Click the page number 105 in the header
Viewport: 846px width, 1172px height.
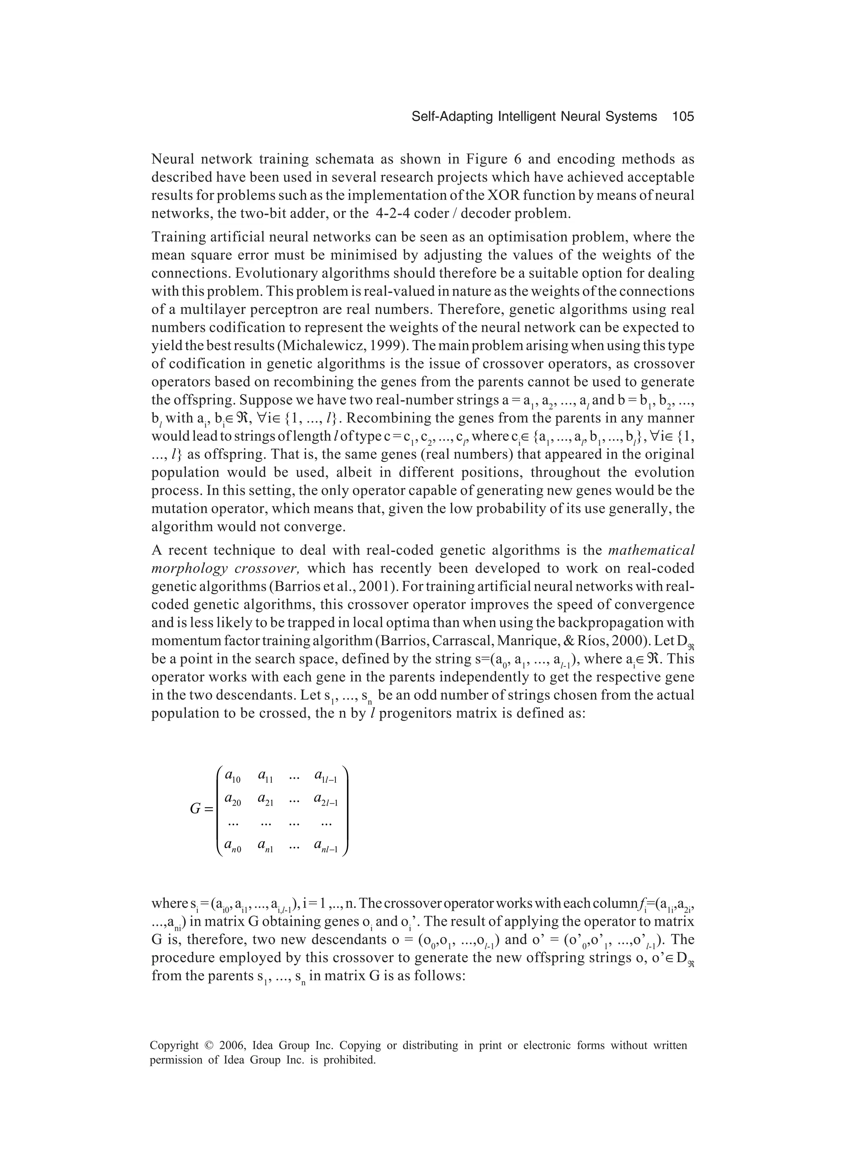pyautogui.click(x=683, y=117)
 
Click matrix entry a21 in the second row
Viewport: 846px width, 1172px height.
pyautogui.click(x=265, y=801)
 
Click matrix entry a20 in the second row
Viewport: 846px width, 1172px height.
pyautogui.click(x=232, y=801)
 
